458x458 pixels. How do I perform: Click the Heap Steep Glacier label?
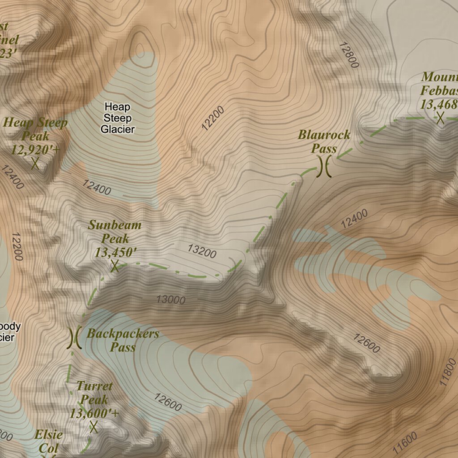click(117, 118)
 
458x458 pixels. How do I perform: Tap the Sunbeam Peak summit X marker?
click(115, 266)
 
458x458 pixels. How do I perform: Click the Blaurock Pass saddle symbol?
click(324, 166)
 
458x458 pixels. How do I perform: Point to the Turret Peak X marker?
click(93, 427)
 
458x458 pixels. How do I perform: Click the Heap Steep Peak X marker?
click(35, 163)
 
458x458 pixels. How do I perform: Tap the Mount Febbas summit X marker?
click(441, 118)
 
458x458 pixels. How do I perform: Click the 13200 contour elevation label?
click(202, 252)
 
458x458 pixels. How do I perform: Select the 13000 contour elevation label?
click(170, 300)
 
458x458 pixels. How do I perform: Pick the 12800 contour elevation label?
click(349, 55)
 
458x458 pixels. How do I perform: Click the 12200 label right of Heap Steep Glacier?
click(212, 118)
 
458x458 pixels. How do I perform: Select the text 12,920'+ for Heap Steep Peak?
click(35, 149)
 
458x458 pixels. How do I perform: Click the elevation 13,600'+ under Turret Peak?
click(94, 413)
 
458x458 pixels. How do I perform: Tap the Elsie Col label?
click(48, 441)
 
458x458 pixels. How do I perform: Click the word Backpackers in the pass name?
click(123, 333)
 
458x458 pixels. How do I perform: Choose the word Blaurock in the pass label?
click(324, 135)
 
